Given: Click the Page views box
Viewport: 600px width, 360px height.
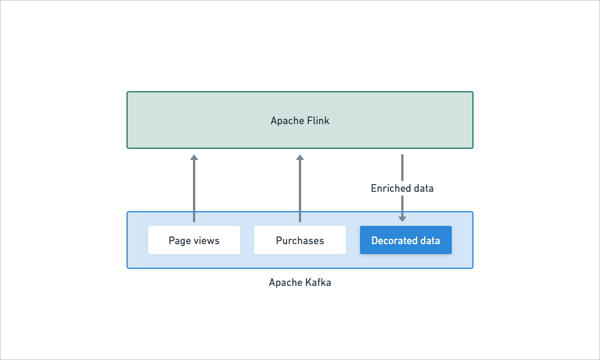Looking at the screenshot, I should click(194, 240).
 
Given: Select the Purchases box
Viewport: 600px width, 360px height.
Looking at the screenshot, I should click(300, 240).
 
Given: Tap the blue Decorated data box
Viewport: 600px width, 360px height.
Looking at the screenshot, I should click(406, 240).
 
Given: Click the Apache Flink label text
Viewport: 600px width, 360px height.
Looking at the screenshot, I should click(300, 121).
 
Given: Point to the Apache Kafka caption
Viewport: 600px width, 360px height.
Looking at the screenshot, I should click(300, 282).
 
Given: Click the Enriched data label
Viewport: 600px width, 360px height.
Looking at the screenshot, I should click(402, 188).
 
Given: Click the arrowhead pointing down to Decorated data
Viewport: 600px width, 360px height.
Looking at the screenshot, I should click(402, 218).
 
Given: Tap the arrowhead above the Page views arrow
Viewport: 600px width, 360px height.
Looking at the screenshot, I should click(194, 157).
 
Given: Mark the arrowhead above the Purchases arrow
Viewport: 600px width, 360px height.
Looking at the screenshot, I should click(300, 157).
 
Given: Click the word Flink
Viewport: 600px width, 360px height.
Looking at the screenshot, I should click(318, 121).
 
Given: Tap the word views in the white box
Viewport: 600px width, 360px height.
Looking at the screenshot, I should click(206, 241).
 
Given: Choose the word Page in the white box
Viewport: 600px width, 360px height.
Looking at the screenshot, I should click(180, 241).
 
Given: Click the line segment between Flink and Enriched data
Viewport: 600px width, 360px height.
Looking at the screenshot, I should click(402, 168).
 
